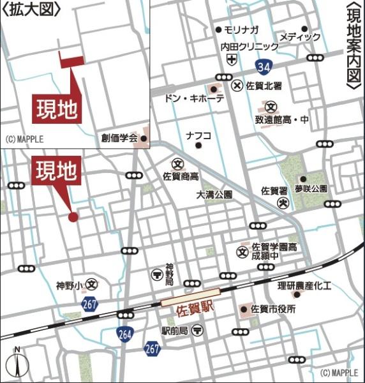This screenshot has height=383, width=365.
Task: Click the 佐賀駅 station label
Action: (193, 306)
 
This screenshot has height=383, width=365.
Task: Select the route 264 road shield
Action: (125, 333)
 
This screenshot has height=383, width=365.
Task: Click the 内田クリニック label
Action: (250, 47)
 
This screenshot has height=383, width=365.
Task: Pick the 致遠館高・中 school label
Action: (281, 119)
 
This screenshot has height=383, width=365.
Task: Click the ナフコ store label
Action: (198, 135)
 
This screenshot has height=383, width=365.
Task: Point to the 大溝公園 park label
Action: (214, 194)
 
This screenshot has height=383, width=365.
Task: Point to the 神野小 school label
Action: (69, 285)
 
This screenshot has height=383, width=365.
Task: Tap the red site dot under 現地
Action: (73, 217)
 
